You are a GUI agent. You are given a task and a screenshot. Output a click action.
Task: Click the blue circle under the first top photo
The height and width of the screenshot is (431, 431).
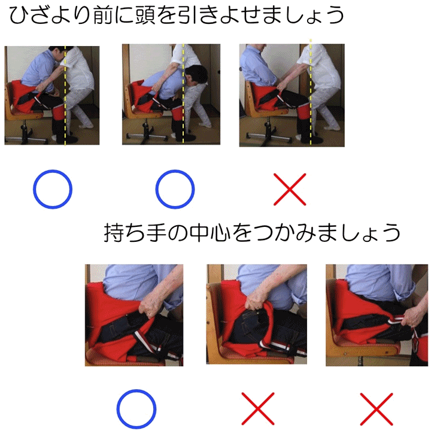tap(52, 190)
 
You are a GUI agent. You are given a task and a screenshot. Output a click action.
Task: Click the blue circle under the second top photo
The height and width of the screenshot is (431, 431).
tap(175, 190)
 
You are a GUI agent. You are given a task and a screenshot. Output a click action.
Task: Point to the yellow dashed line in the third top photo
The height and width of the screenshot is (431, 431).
tap(310, 90)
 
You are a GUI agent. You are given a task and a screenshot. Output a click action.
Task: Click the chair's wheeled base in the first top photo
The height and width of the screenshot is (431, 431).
tap(30, 135)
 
